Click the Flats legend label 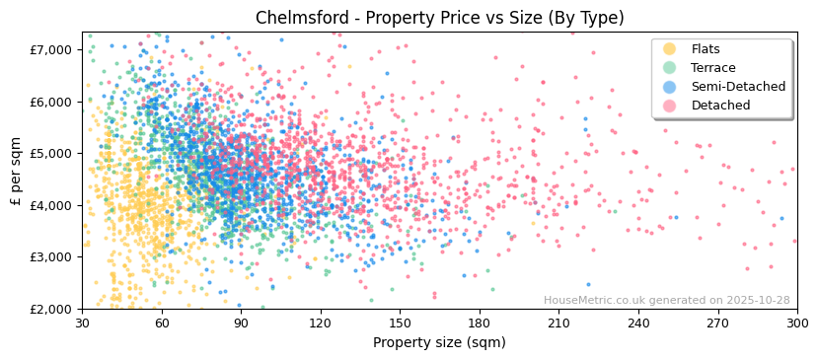pyautogui.click(x=705, y=49)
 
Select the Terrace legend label pyautogui.click(x=711, y=68)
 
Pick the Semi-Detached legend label pyautogui.click(x=738, y=87)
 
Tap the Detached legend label pyautogui.click(x=719, y=106)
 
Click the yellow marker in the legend pyautogui.click(x=670, y=49)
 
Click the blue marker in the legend pyautogui.click(x=670, y=87)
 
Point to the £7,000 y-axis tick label pyautogui.click(x=50, y=49)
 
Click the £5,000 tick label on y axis pyautogui.click(x=50, y=153)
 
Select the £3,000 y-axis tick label pyautogui.click(x=50, y=256)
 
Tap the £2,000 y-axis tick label pyautogui.click(x=50, y=309)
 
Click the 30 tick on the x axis pyautogui.click(x=82, y=324)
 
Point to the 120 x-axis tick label pyautogui.click(x=321, y=324)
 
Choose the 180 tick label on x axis pyautogui.click(x=480, y=324)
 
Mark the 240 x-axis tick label pyautogui.click(x=638, y=324)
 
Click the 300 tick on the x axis pyautogui.click(x=796, y=324)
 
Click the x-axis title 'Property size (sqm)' pyautogui.click(x=439, y=342)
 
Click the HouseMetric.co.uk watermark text pyautogui.click(x=666, y=301)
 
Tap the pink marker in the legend pyautogui.click(x=670, y=106)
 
